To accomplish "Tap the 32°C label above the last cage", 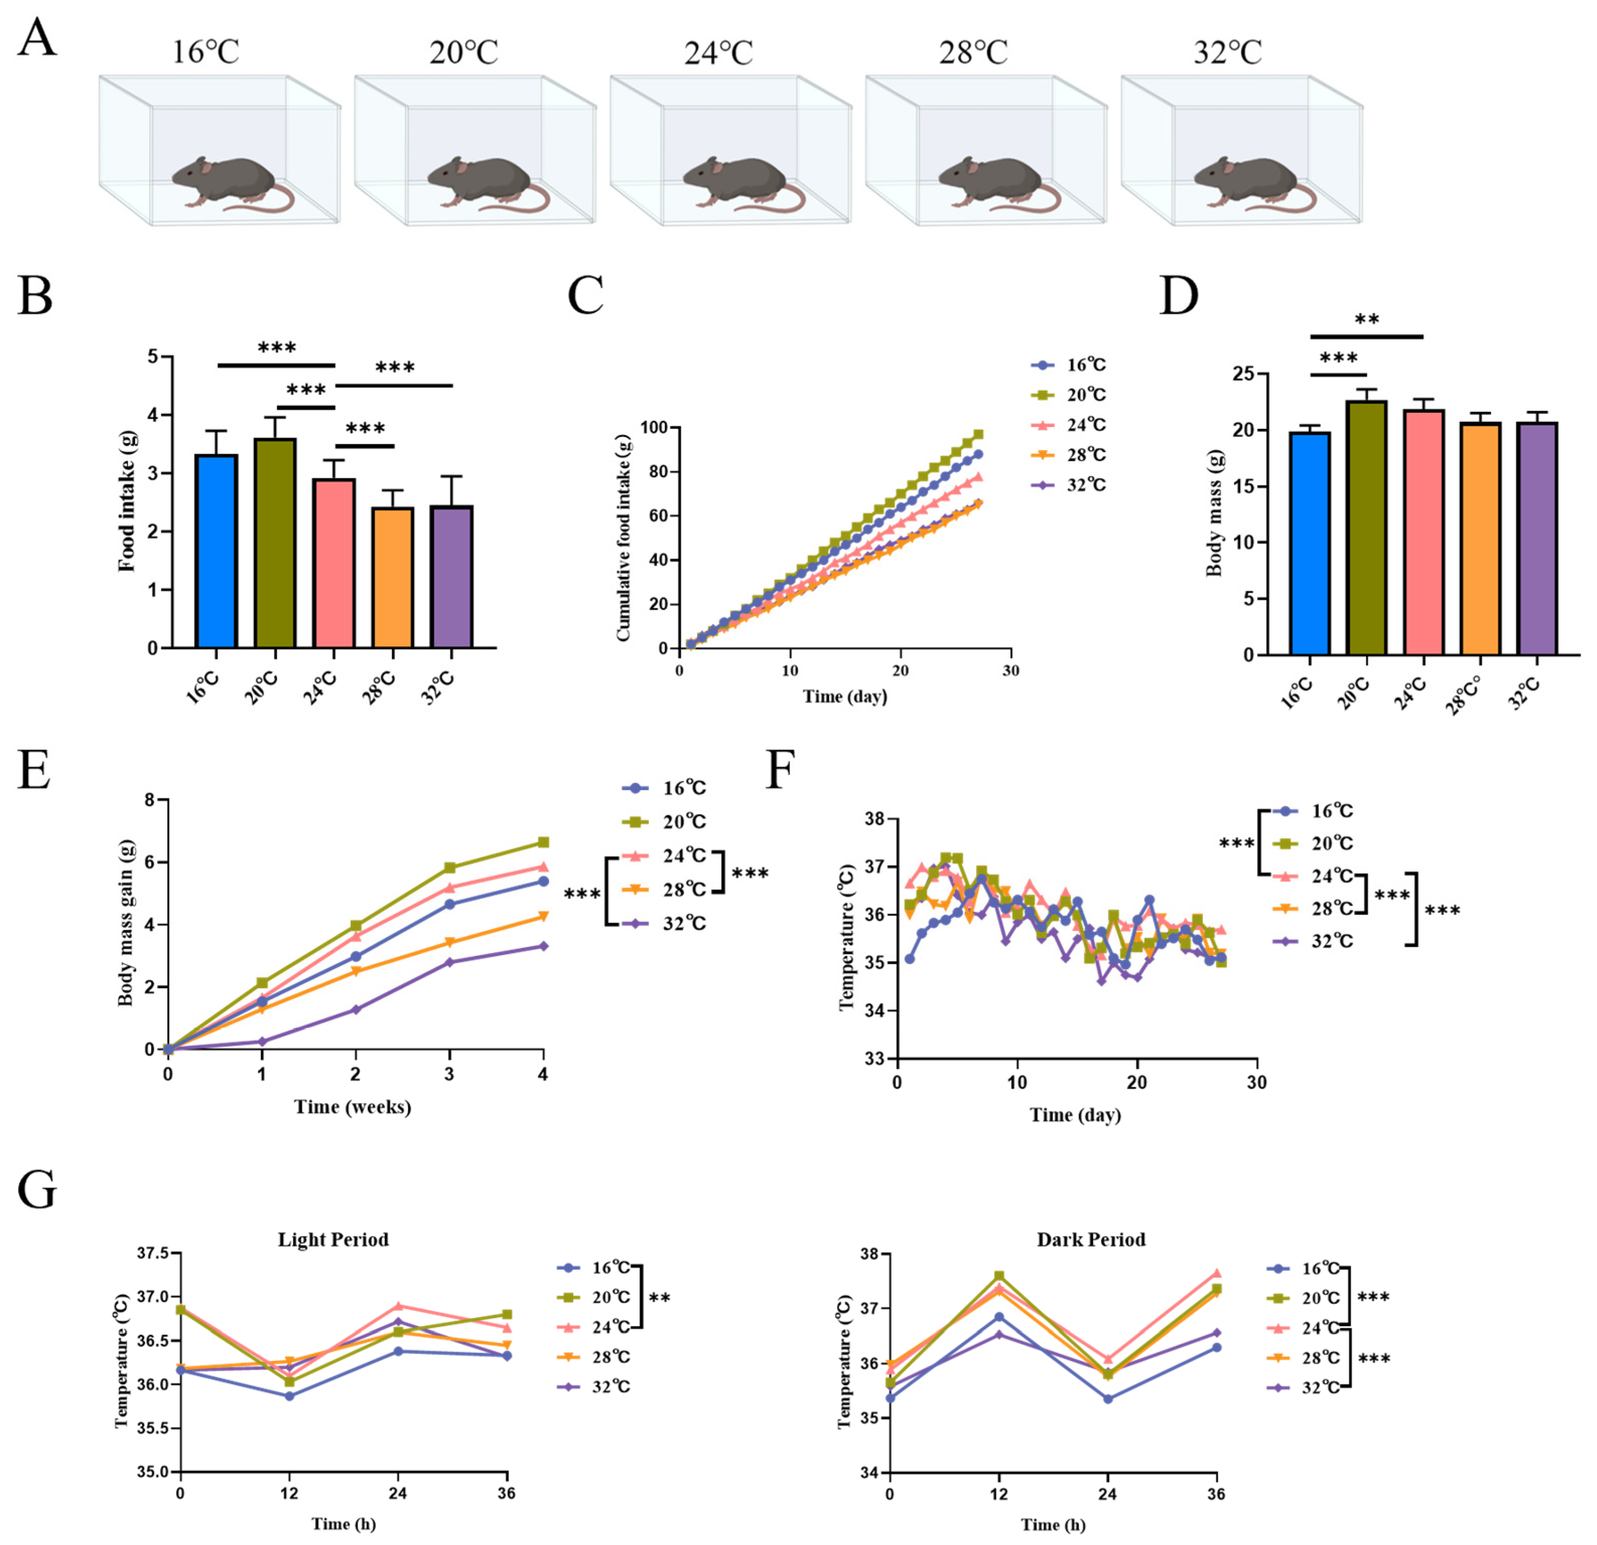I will tap(1227, 53).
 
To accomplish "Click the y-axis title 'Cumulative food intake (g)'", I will tap(623, 538).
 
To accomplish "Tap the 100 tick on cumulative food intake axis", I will tap(654, 427).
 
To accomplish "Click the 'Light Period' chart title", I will tap(333, 1239).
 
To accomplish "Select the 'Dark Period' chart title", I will tap(1091, 1239).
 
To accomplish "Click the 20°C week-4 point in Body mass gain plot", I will tap(543, 842).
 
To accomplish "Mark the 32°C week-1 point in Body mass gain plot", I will tap(261, 1042).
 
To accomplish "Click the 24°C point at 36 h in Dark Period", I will tap(1216, 1274).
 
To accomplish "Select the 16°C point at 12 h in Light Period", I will tap(289, 1396).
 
